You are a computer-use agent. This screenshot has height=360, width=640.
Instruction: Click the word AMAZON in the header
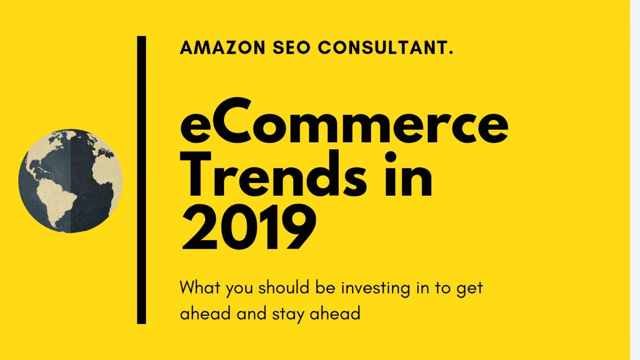[222, 47]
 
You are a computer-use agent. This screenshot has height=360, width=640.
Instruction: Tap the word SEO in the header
[291, 47]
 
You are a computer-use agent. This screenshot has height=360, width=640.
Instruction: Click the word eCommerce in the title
[345, 121]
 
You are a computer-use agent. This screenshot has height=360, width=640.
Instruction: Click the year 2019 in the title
[249, 227]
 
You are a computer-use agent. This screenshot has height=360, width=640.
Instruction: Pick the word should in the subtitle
[283, 287]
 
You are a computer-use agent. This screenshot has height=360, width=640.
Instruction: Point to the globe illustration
[70, 181]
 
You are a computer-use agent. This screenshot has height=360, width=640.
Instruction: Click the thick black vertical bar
[141, 180]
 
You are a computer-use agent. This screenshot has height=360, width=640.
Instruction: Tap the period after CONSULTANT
[451, 53]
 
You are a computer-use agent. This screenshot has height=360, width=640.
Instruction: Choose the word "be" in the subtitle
[325, 287]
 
